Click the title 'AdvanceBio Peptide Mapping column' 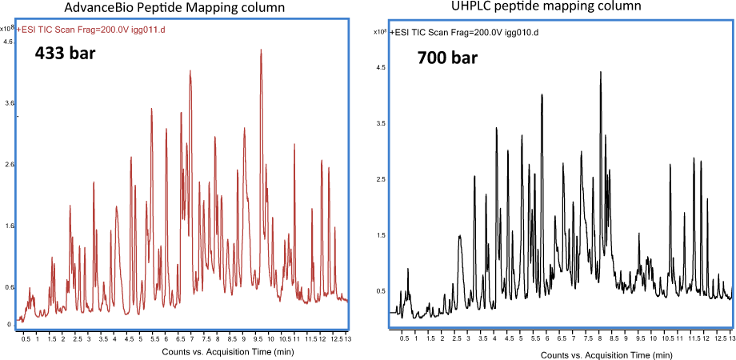pyautogui.click(x=176, y=9)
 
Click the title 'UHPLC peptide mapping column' pyautogui.click(x=559, y=7)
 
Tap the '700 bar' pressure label pyautogui.click(x=447, y=58)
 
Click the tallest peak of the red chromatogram pyautogui.click(x=261, y=50)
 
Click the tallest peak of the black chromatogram pyautogui.click(x=600, y=73)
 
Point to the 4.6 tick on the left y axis pyautogui.click(x=10, y=41)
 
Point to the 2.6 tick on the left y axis pyautogui.click(x=10, y=165)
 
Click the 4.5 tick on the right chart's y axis pyautogui.click(x=381, y=68)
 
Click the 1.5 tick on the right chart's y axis pyautogui.click(x=381, y=236)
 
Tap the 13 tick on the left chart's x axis pyautogui.click(x=346, y=339)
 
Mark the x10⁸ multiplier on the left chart pyautogui.click(x=8, y=28)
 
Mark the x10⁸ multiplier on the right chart pyautogui.click(x=381, y=32)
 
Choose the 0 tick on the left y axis pyautogui.click(x=10, y=324)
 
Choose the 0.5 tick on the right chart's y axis pyautogui.click(x=381, y=291)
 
